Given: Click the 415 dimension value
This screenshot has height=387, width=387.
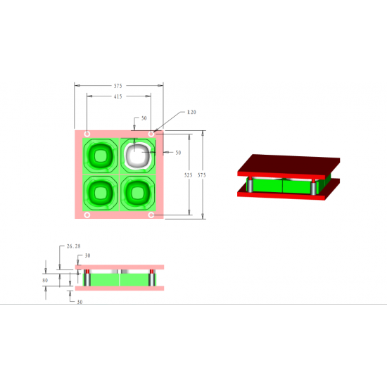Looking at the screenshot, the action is (x=118, y=96).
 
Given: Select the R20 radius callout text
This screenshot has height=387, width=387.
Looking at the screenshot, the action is (x=191, y=113).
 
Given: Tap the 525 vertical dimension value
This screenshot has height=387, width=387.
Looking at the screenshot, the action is (x=188, y=175).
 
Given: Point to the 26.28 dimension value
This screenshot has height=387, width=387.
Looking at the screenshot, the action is (x=74, y=246).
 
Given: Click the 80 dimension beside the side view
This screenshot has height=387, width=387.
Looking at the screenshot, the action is (x=45, y=280).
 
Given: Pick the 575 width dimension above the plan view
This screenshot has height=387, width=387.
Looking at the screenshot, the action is (x=118, y=86).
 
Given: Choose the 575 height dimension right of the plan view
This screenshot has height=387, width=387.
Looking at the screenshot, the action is (x=202, y=175).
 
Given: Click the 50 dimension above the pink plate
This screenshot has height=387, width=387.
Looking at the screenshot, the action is (x=144, y=118).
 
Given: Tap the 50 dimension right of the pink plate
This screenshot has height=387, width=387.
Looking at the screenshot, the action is (x=178, y=153).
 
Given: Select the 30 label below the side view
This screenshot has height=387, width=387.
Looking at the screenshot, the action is (x=80, y=302).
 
